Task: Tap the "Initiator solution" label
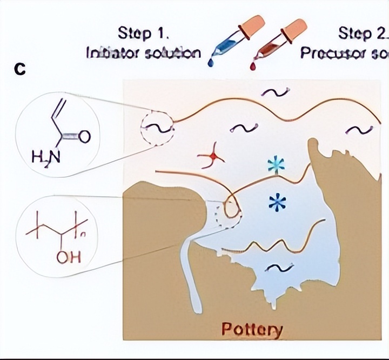(x=144, y=54)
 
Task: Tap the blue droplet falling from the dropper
(x=210, y=63)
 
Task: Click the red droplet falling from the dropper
(x=253, y=65)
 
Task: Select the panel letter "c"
(x=22, y=69)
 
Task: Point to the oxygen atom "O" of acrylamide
(x=84, y=137)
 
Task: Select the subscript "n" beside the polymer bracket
(x=85, y=234)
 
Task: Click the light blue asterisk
(x=276, y=166)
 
